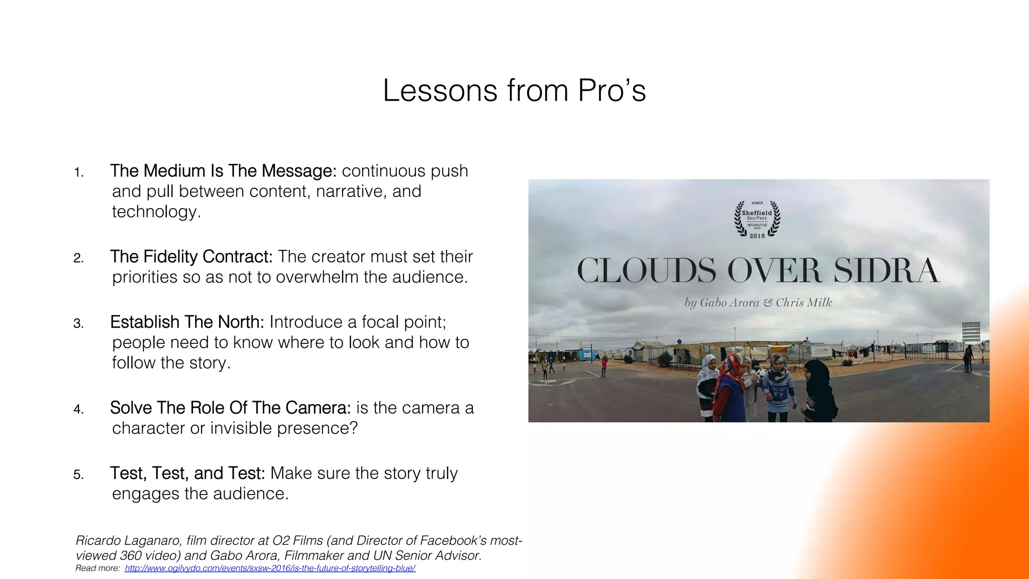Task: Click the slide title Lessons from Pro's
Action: [x=514, y=91]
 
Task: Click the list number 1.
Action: [x=78, y=173]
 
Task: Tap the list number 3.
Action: [x=78, y=324]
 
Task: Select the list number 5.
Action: [x=78, y=475]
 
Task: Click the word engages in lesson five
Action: [x=146, y=494]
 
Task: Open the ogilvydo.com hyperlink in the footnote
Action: [x=270, y=568]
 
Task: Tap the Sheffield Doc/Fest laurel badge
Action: [x=757, y=219]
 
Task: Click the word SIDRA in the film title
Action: [x=886, y=271]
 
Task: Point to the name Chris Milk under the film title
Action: [x=803, y=303]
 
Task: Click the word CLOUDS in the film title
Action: [x=646, y=271]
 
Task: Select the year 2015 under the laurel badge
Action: [x=757, y=236]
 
